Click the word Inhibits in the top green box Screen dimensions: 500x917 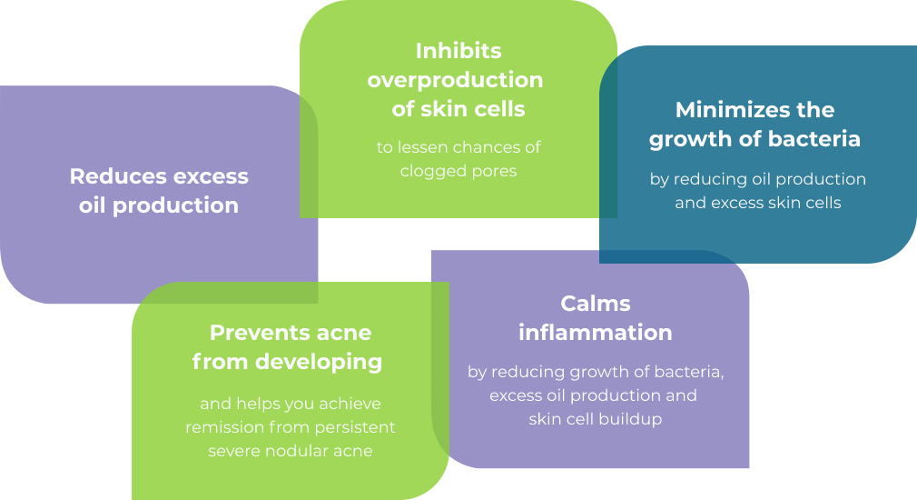coord(458,50)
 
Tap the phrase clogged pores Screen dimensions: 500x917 coord(458,171)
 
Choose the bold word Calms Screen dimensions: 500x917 coord(596,303)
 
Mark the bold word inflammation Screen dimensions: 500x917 coord(596,333)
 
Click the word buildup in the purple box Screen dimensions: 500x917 coord(630,419)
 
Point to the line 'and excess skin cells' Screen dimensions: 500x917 coord(757,203)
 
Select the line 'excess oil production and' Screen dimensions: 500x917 coord(593,395)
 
